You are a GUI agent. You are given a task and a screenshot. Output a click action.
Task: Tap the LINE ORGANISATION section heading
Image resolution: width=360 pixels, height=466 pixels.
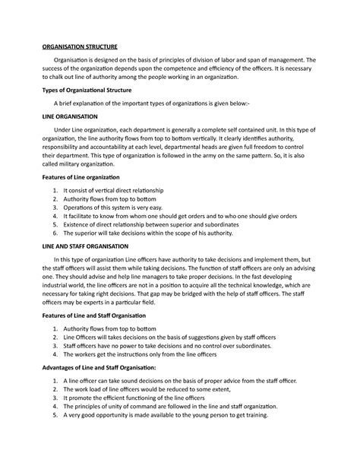click(67, 119)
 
